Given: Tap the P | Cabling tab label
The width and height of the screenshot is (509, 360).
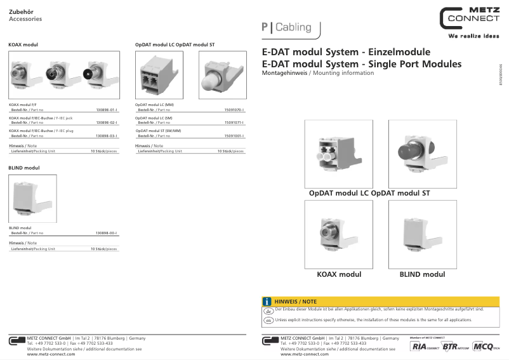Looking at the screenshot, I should point(286,27).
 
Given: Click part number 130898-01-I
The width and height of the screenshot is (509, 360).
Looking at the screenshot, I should point(106,110).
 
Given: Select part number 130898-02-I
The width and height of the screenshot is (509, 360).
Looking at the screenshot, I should point(106,122).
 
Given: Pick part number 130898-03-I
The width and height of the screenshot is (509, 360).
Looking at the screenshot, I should point(106,136).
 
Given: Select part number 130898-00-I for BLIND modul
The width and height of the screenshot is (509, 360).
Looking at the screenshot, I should point(106,233).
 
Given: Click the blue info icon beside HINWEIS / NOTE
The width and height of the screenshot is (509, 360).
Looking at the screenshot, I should point(268,301).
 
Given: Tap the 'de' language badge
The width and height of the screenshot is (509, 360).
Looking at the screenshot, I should point(268,310).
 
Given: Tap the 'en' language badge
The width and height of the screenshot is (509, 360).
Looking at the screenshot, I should point(268,320).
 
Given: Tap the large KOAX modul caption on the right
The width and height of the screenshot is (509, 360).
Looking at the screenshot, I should point(339,274).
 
